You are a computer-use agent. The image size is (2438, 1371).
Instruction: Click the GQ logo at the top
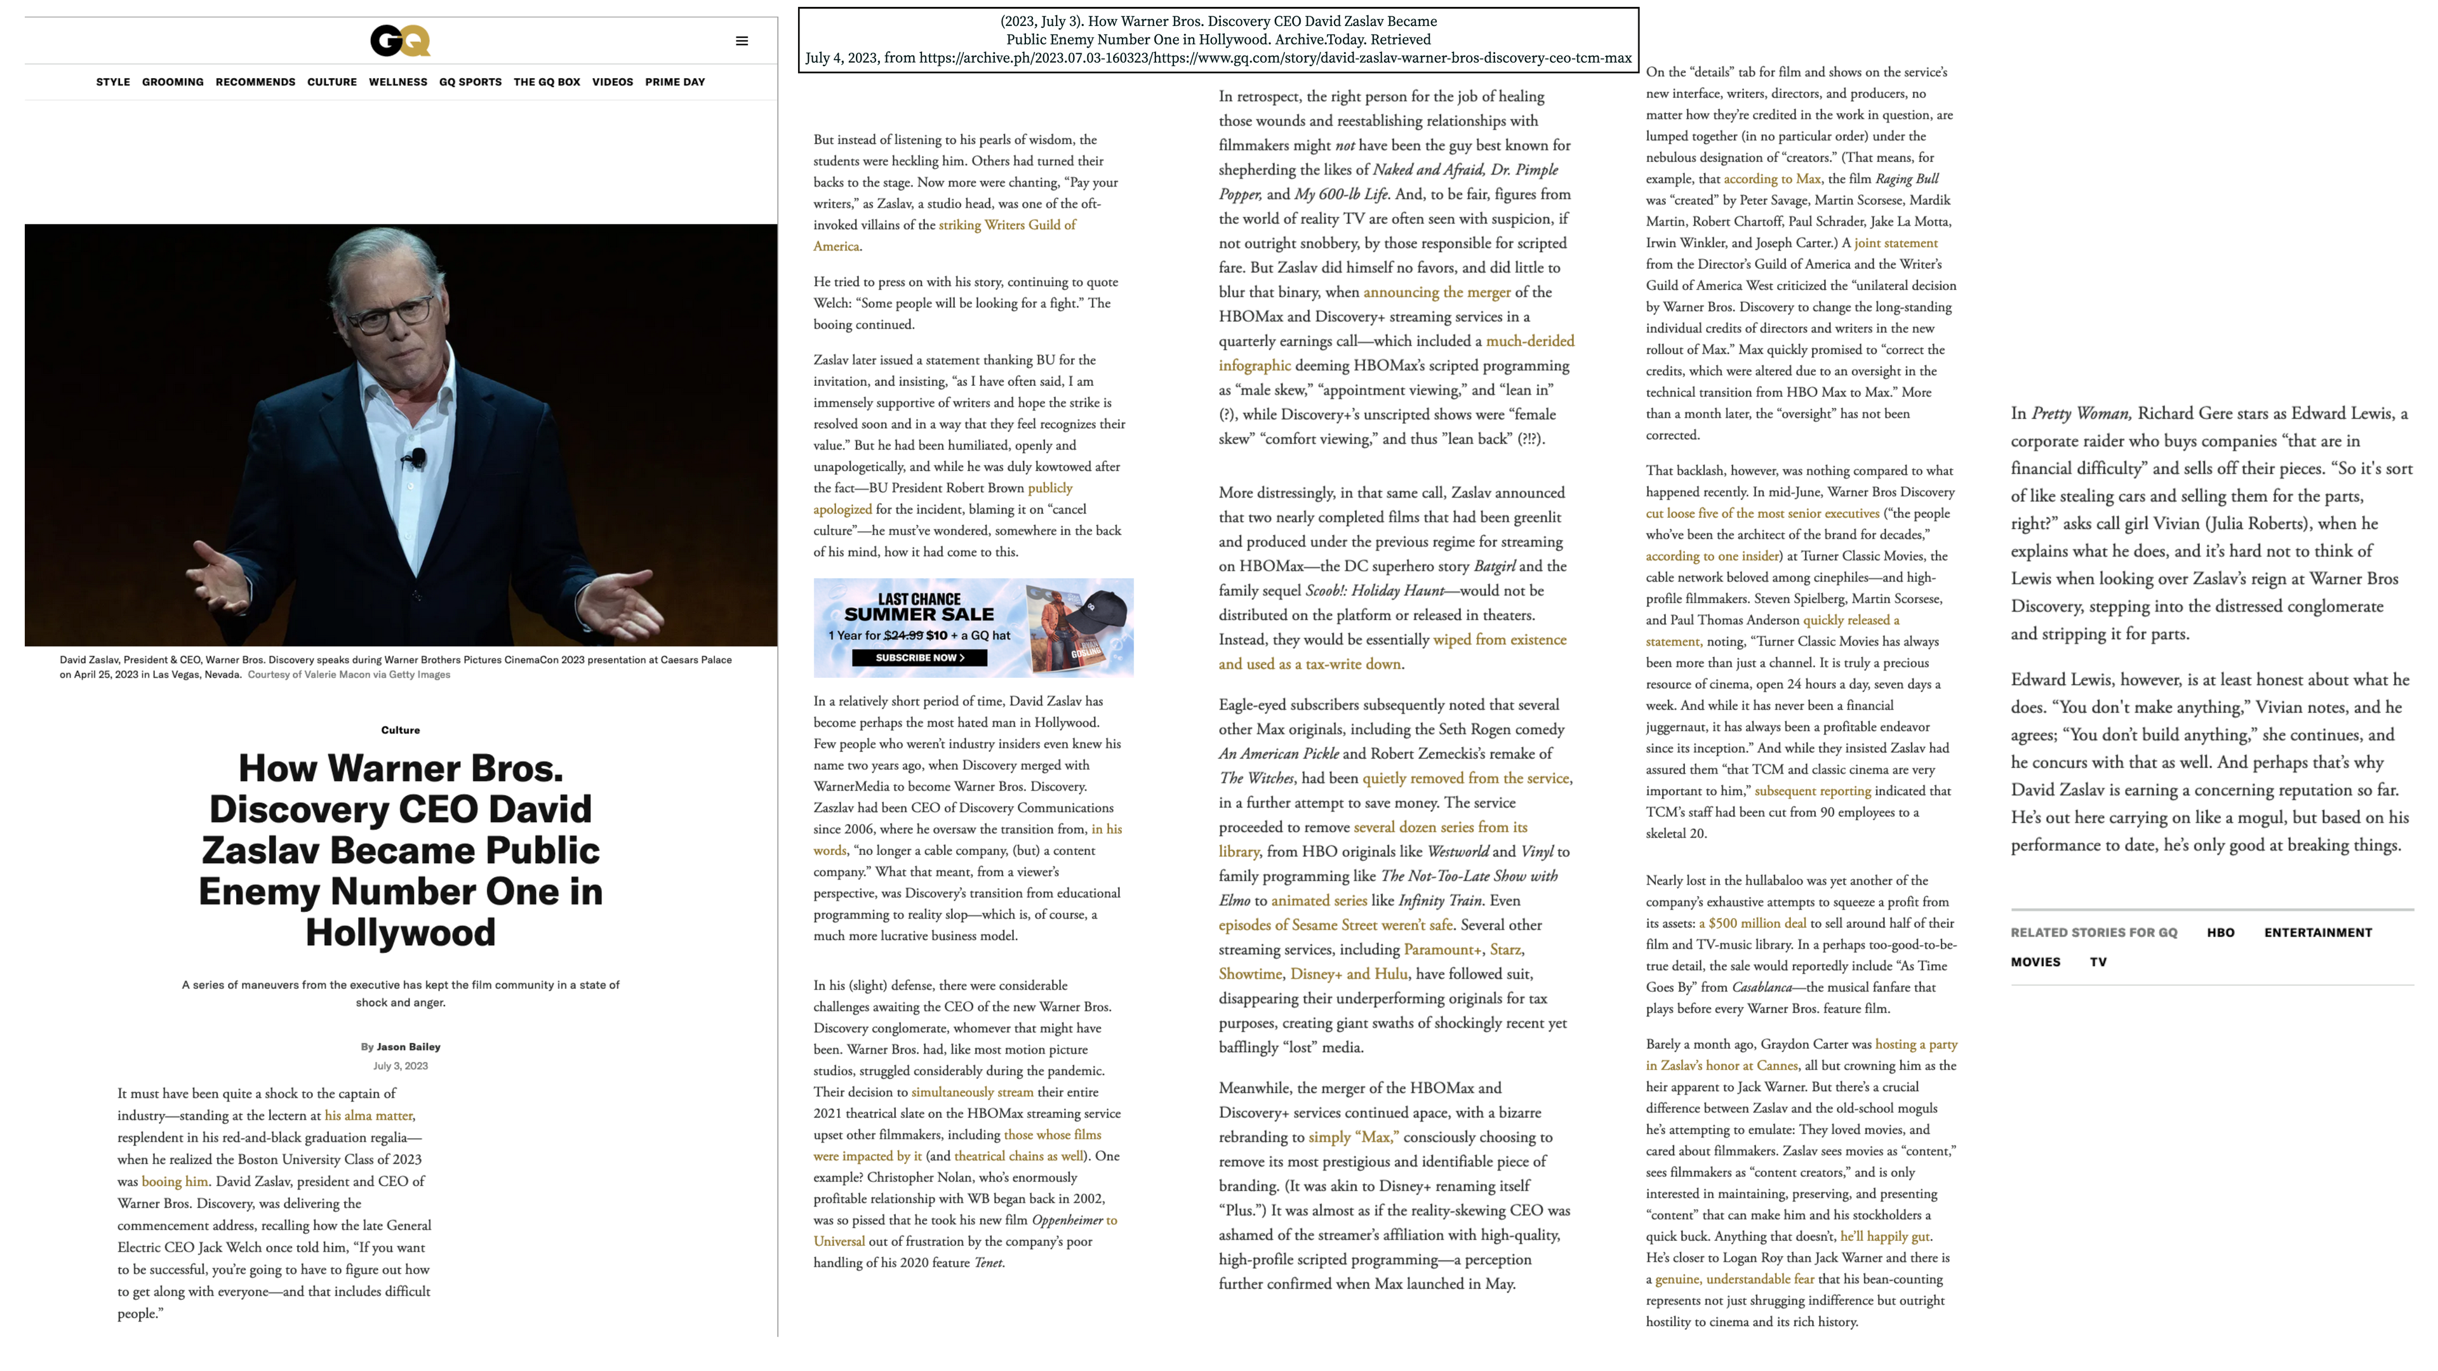point(401,41)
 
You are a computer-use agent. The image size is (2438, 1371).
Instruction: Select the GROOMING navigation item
point(172,83)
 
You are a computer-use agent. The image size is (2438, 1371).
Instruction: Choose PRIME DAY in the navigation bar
point(675,83)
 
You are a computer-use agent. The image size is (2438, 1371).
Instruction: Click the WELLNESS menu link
point(397,83)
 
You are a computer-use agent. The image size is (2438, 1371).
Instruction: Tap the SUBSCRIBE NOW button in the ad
point(919,658)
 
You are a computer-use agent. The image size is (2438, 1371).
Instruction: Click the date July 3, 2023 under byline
point(401,1066)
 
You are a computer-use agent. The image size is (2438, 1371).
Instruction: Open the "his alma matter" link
point(368,1116)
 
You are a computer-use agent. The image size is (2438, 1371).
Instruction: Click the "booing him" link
point(174,1182)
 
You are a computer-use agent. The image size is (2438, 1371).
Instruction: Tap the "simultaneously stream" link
point(972,1092)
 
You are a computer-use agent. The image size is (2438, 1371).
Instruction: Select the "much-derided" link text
point(1529,341)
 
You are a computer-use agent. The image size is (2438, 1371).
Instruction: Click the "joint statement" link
point(1896,243)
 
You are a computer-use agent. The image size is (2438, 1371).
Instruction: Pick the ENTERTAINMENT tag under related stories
point(2318,933)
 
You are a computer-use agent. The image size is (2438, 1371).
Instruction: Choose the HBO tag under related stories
point(2220,933)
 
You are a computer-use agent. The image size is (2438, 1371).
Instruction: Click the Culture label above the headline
point(401,731)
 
